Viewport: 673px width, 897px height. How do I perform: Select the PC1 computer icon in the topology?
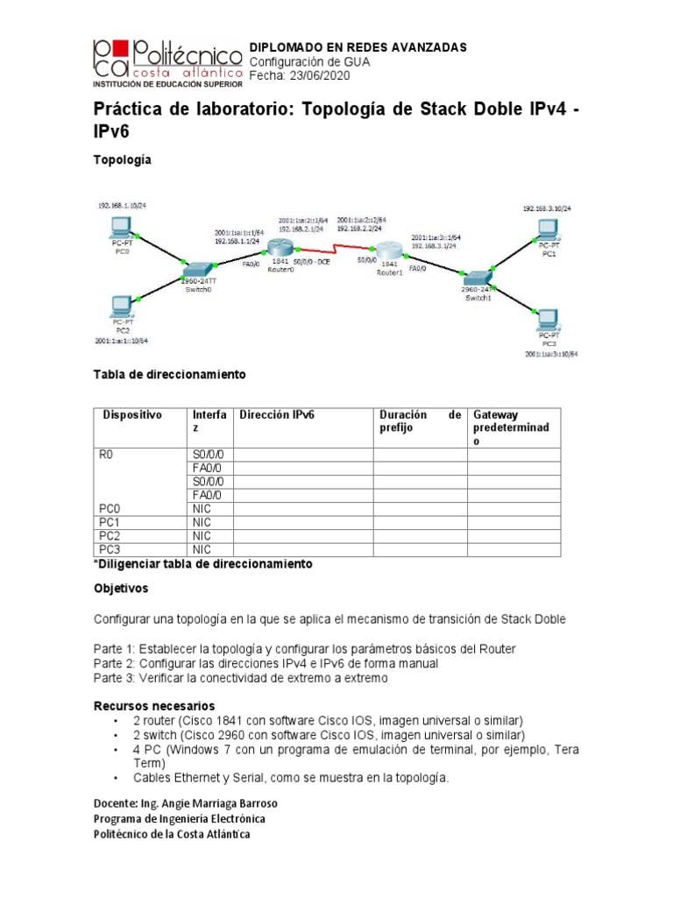[x=547, y=230]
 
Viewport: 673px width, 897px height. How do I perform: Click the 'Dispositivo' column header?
[x=132, y=414]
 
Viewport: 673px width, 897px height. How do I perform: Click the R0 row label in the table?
[x=107, y=455]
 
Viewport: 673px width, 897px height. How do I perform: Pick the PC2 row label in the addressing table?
[x=110, y=535]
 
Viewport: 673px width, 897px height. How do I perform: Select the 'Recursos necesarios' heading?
[x=153, y=705]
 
